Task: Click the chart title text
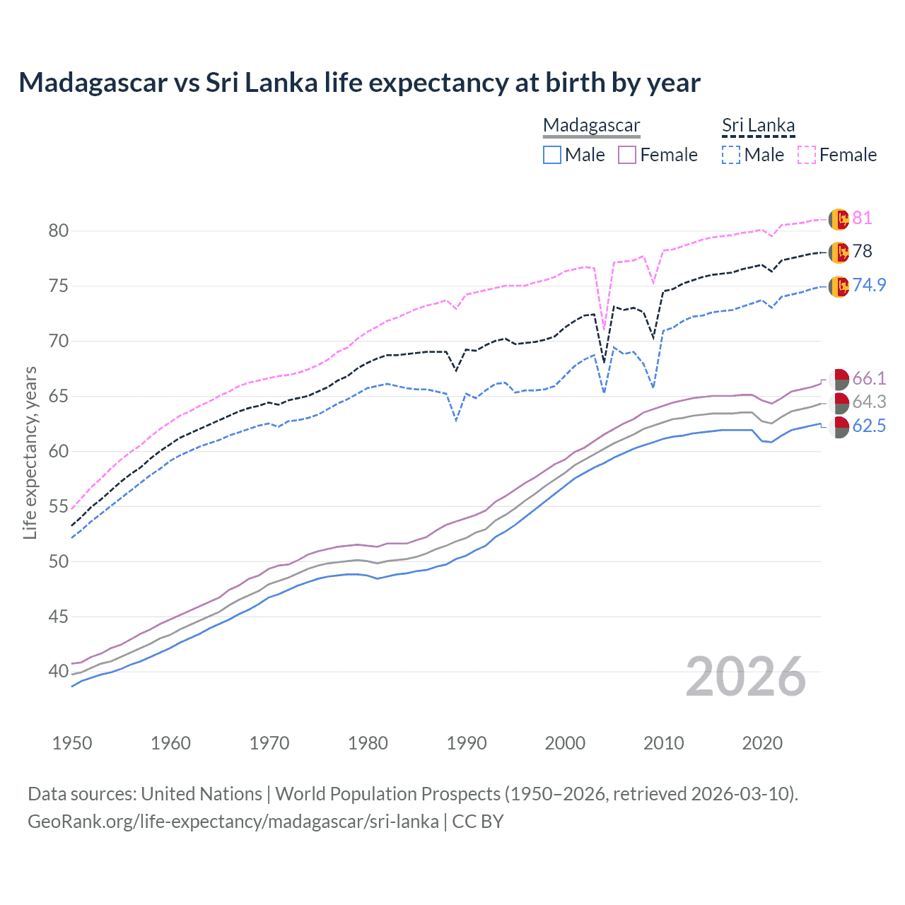point(359,83)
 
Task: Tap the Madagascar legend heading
point(591,125)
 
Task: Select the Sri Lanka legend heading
point(758,125)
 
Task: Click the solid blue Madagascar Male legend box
point(552,155)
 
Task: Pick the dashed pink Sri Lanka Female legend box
point(807,155)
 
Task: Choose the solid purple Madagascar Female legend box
point(628,155)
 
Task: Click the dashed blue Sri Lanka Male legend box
point(731,155)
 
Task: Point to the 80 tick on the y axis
point(59,230)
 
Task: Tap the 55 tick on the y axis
point(59,506)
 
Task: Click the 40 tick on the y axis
point(59,672)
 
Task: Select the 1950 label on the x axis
point(72,743)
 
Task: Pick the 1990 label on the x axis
point(467,743)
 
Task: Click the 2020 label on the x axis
point(762,743)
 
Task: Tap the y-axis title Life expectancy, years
point(30,452)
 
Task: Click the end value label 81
point(862,218)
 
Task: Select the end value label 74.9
point(869,285)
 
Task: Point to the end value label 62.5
point(869,426)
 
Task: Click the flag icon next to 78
point(839,252)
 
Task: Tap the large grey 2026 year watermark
point(746,677)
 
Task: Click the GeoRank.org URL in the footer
point(233,822)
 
